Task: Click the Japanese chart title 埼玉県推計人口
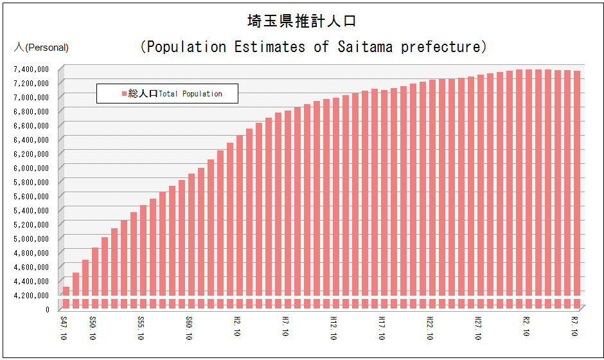point(301,21)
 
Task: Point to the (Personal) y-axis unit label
point(47,48)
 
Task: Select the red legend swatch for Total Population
point(125,94)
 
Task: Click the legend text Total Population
point(190,94)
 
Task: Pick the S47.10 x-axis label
point(64,328)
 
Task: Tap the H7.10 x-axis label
point(285,328)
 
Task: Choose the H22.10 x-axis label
point(430,328)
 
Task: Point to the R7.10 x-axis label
point(574,328)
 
